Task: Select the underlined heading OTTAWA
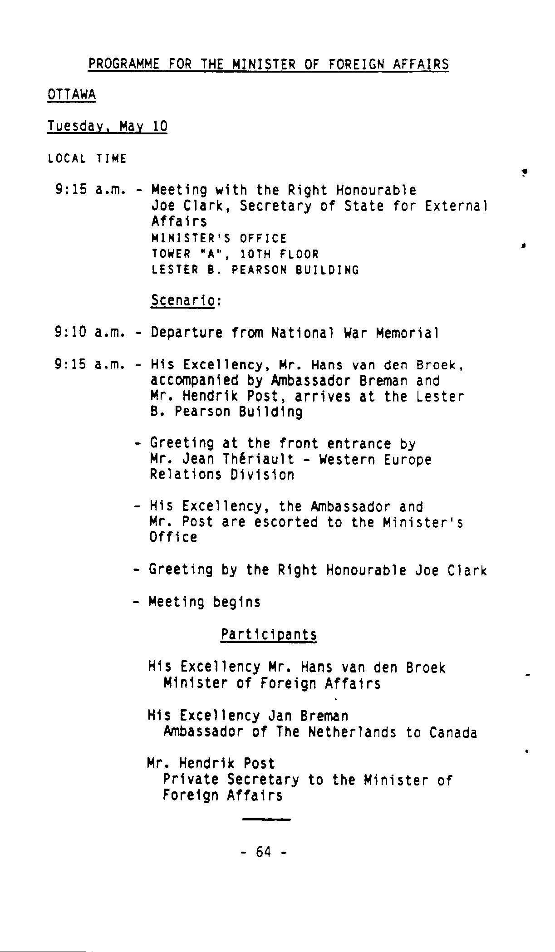pyautogui.click(x=71, y=95)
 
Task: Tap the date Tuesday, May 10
pyautogui.click(x=107, y=126)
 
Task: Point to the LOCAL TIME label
pyautogui.click(x=87, y=159)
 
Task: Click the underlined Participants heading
pyautogui.click(x=269, y=634)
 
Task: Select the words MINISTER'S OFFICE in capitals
pyautogui.click(x=219, y=238)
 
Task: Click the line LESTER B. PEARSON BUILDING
pyautogui.click(x=255, y=270)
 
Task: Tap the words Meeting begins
pyautogui.click(x=204, y=602)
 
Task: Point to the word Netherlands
pyautogui.click(x=352, y=732)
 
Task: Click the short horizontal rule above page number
pyautogui.click(x=266, y=819)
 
